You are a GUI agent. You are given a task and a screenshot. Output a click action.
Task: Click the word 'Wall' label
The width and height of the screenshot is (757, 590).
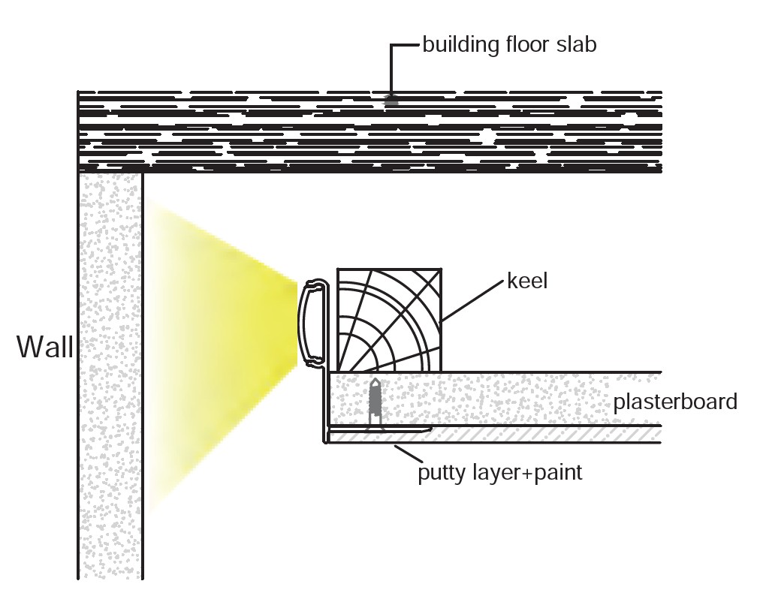pos(45,348)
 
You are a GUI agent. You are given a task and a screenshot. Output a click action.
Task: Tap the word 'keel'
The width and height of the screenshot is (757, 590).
pos(528,281)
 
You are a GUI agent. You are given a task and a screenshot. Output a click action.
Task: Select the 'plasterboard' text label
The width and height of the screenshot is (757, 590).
pos(675,402)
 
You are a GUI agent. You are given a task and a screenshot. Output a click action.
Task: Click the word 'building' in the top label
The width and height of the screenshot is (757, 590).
pos(460,45)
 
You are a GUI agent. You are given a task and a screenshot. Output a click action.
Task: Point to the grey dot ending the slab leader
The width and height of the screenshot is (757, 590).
pos(391,99)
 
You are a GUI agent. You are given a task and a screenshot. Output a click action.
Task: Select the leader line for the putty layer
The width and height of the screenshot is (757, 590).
pos(409,453)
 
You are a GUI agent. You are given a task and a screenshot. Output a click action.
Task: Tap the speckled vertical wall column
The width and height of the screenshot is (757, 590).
pos(110,375)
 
